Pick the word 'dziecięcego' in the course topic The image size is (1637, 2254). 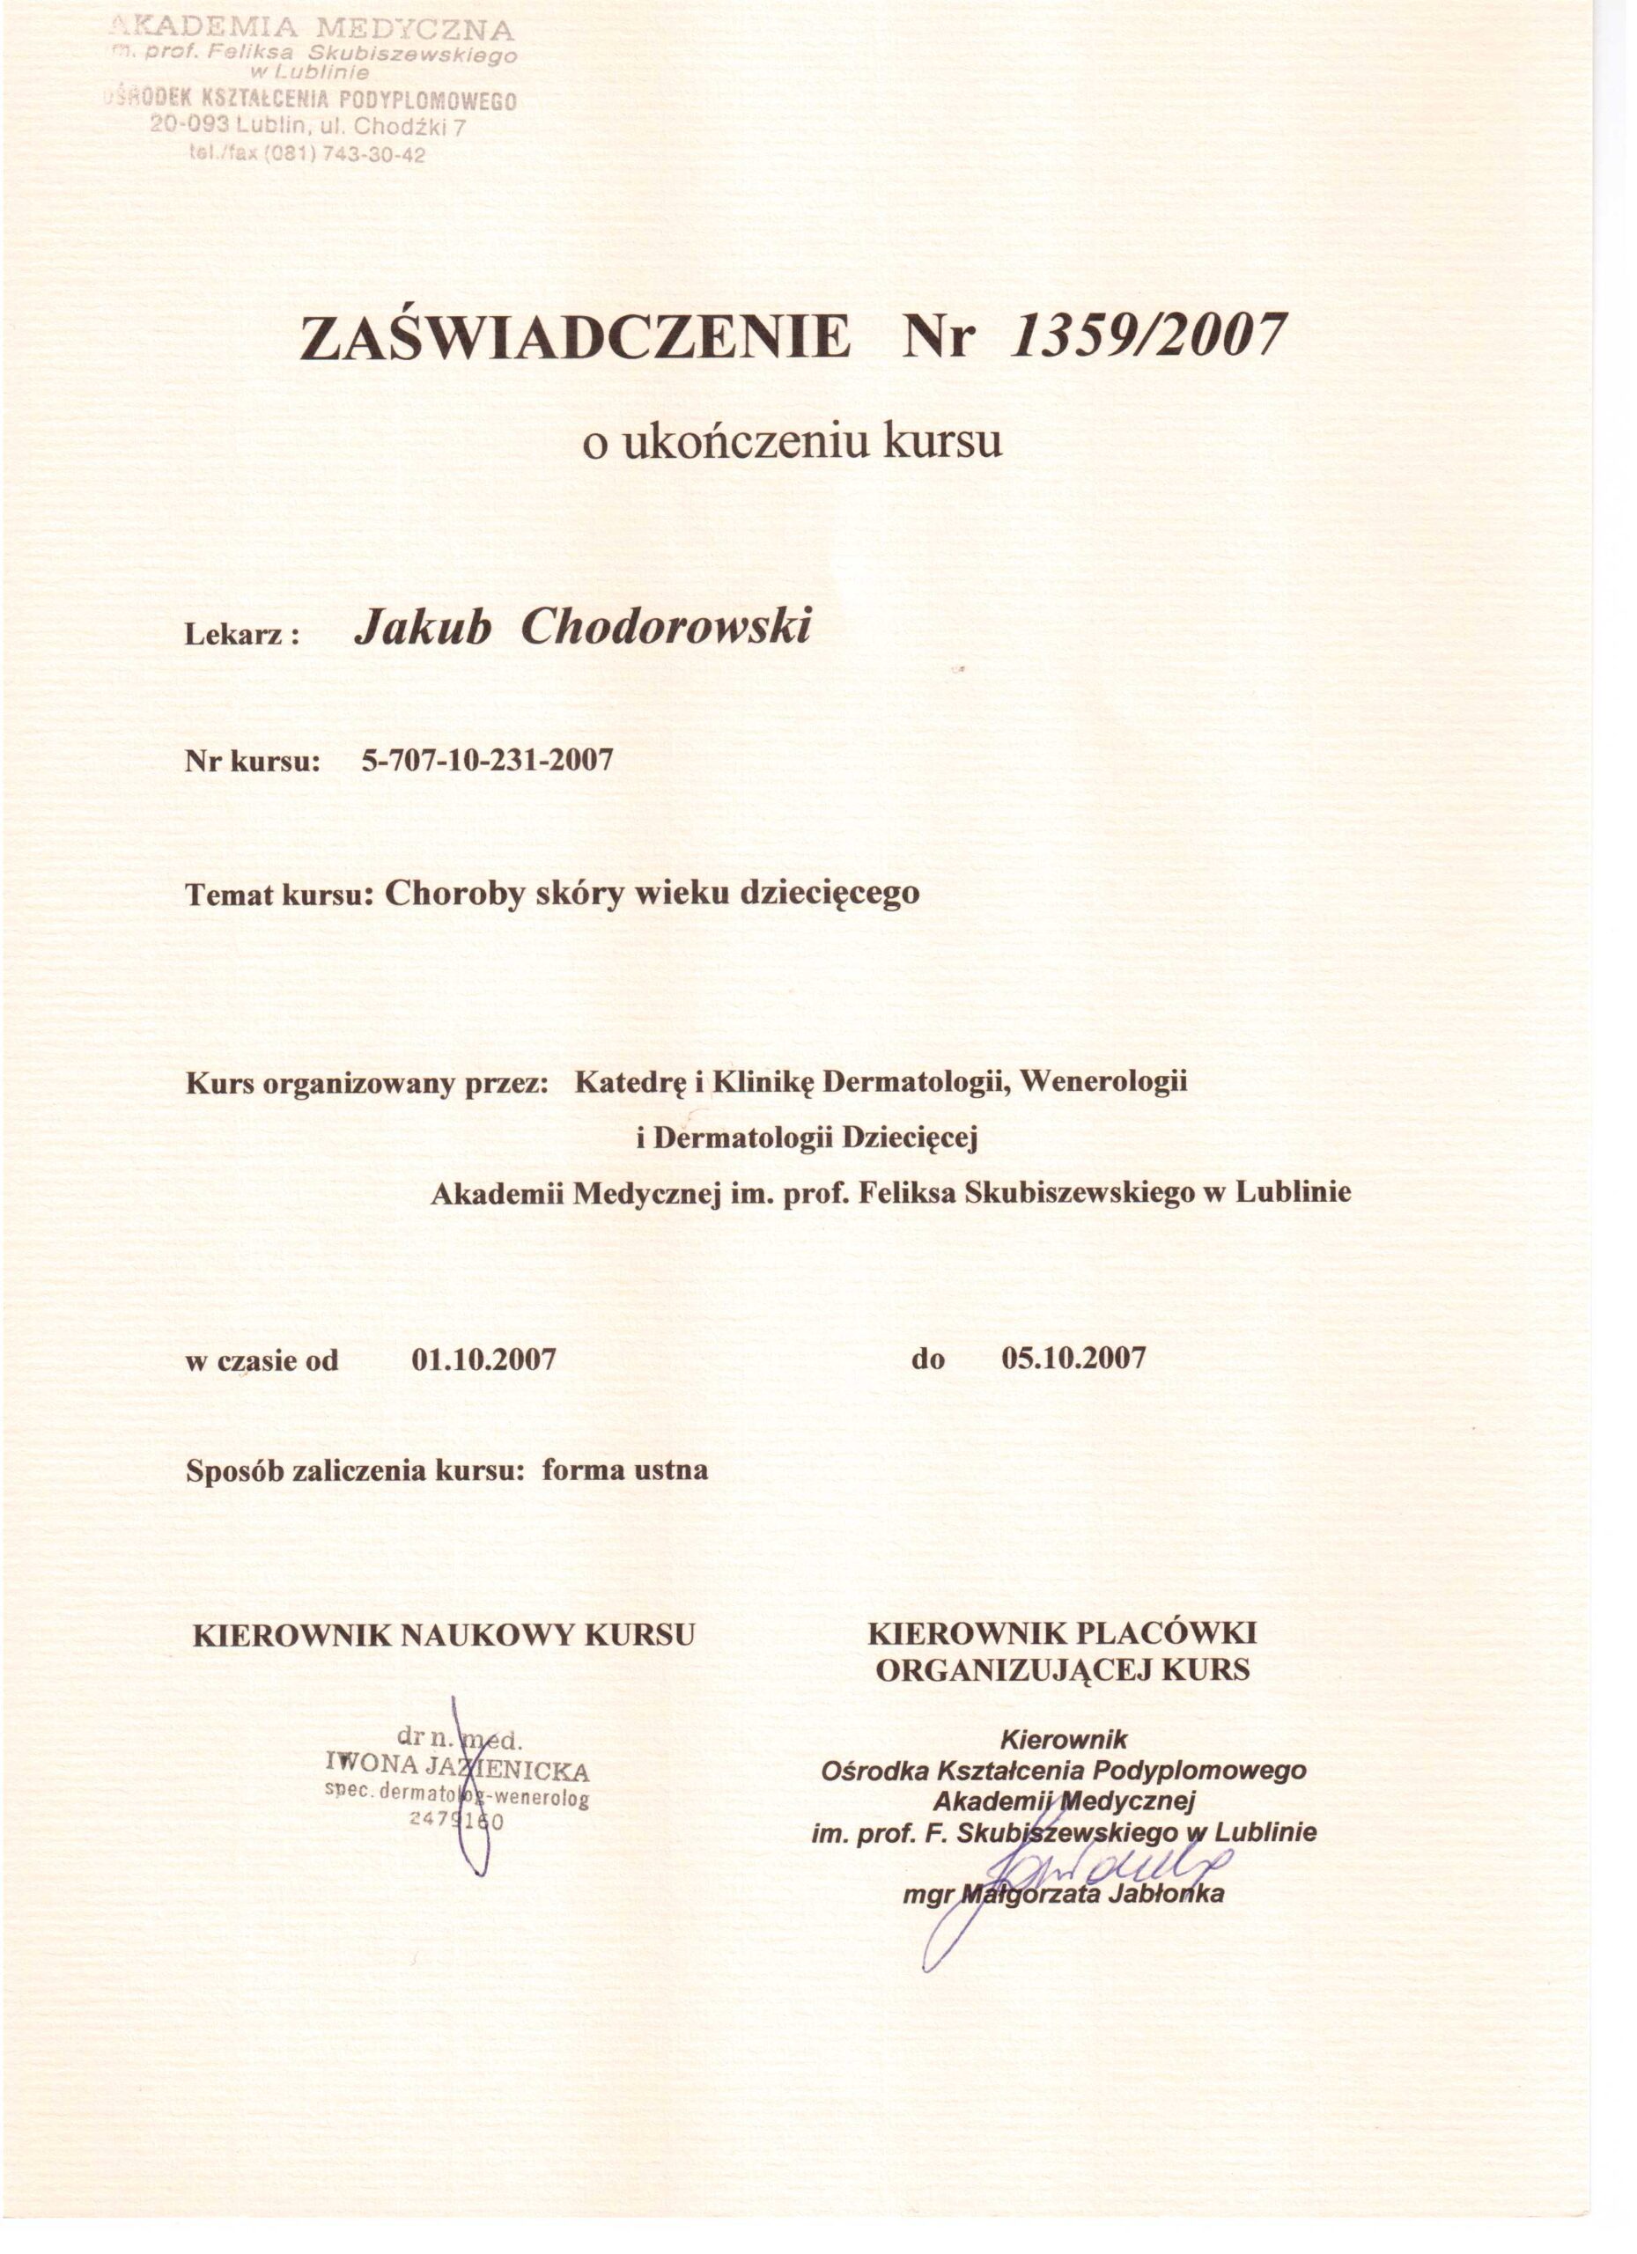coord(830,895)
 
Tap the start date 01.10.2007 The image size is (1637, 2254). coord(483,1359)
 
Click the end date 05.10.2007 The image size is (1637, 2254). coord(1074,1358)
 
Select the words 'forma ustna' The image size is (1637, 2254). coord(624,1470)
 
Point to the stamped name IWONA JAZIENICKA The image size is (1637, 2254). coord(457,1770)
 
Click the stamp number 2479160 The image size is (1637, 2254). coord(458,1821)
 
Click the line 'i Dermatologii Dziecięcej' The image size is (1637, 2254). coord(807,1137)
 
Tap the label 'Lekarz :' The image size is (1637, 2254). coord(242,636)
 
